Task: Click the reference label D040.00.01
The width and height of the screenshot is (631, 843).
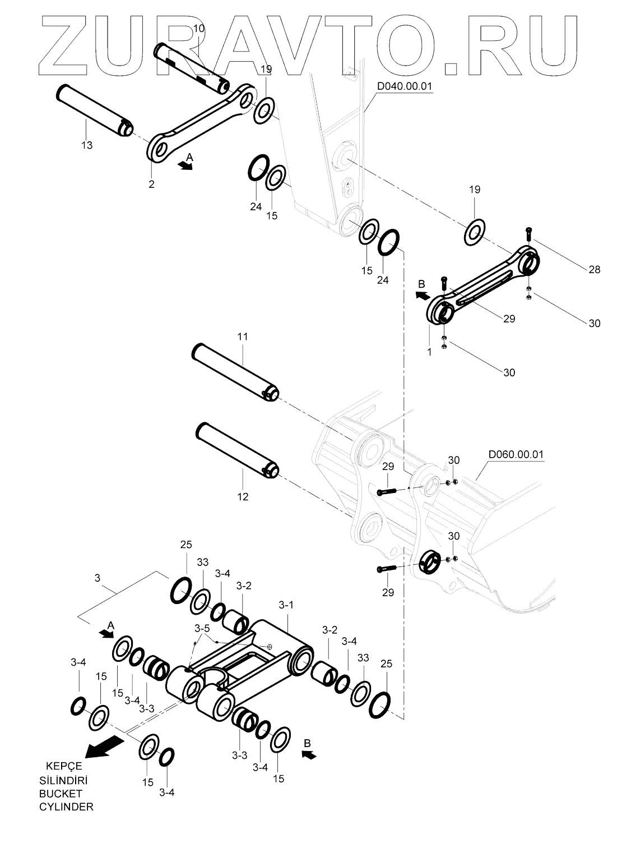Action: pos(404,86)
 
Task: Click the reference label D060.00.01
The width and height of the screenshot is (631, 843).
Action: pos(516,454)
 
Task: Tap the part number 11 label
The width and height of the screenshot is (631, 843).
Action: pos(242,337)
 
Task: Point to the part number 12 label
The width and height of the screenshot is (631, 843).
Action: pos(243,496)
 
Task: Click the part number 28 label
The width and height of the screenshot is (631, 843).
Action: pos(594,270)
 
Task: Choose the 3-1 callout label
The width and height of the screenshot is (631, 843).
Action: pos(286,605)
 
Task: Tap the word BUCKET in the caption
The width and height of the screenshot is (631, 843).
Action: pos(61,794)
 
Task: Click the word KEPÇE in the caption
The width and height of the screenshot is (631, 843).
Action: pos(63,767)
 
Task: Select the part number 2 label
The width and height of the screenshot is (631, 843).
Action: pos(151,184)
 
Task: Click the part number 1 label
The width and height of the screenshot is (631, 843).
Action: pos(429,352)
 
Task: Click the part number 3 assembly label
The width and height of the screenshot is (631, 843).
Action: pos(98,577)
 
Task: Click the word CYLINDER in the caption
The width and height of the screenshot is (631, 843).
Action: pos(66,807)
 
